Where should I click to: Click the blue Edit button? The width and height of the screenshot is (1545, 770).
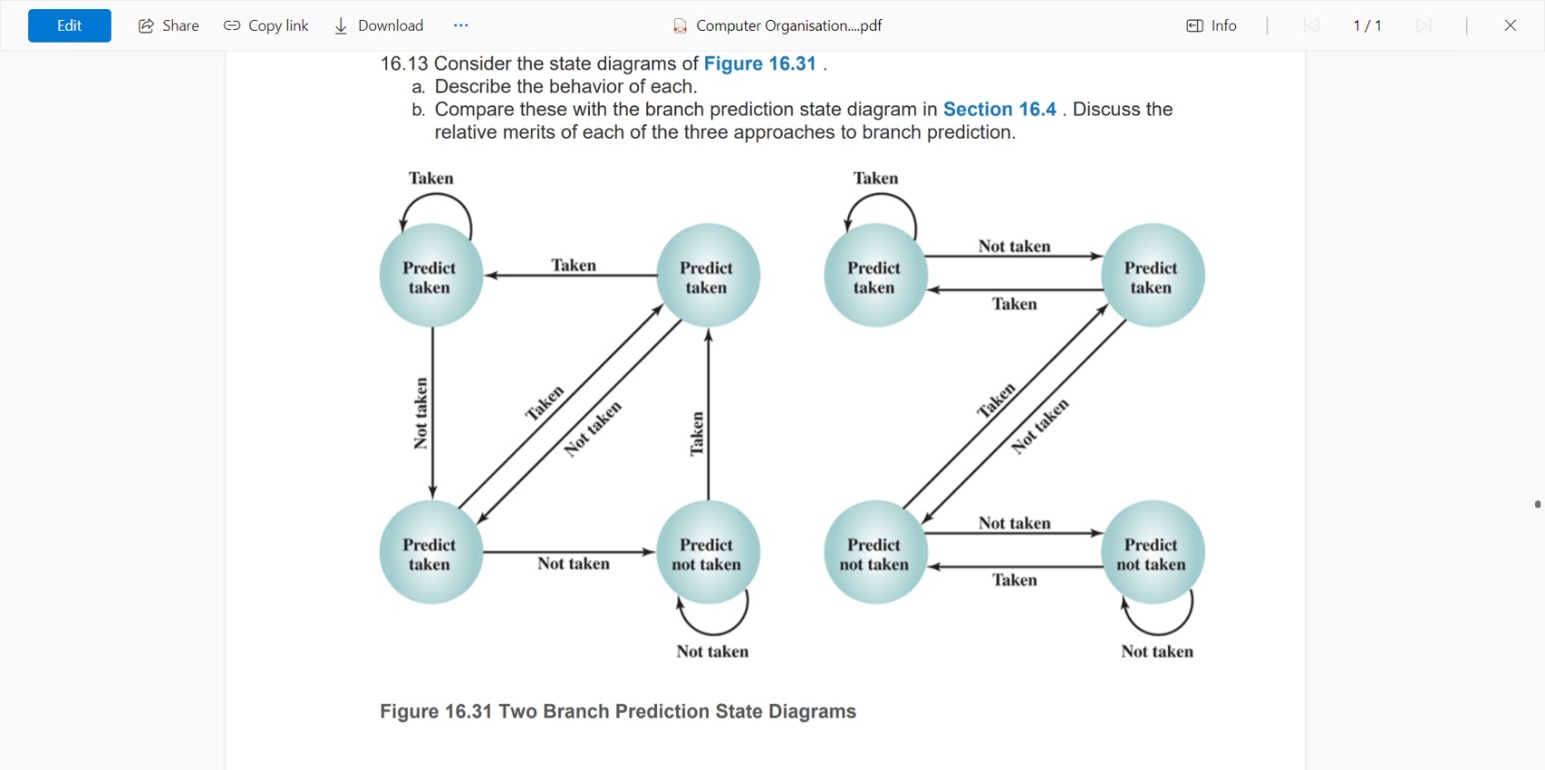(x=69, y=25)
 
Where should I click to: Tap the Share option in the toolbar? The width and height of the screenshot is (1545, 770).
(x=168, y=25)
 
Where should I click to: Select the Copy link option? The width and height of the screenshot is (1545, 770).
(x=266, y=25)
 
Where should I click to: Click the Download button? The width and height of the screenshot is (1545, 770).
(x=379, y=25)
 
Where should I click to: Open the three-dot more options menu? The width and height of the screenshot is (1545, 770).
(x=461, y=25)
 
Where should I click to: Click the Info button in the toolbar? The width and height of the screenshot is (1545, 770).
(x=1211, y=25)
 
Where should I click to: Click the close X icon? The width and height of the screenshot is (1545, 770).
(x=1510, y=25)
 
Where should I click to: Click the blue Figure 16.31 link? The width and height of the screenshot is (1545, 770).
(x=760, y=64)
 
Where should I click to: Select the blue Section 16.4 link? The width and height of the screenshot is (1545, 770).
(x=999, y=109)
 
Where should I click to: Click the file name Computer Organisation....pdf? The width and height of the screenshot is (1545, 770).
(x=788, y=25)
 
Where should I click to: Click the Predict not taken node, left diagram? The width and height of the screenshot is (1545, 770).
(x=707, y=552)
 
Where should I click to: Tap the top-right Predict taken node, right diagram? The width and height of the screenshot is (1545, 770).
(x=1151, y=276)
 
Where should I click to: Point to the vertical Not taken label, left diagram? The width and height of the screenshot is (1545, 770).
(x=420, y=413)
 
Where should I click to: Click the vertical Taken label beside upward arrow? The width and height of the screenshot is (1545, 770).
(x=696, y=433)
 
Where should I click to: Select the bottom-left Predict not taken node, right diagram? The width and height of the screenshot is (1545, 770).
(x=874, y=552)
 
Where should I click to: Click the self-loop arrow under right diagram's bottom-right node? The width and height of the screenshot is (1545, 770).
(x=1158, y=620)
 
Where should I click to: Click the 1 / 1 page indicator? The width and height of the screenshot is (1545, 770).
(x=1367, y=25)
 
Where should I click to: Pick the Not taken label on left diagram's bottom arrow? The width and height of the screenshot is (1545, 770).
(x=573, y=564)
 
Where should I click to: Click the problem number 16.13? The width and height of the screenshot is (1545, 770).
(x=404, y=64)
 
